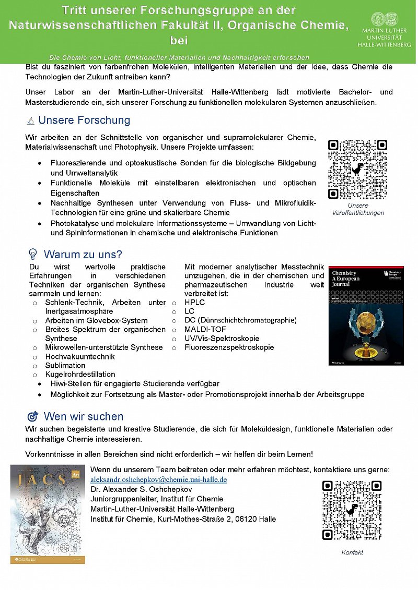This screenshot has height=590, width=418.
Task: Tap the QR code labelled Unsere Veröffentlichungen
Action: (357, 169)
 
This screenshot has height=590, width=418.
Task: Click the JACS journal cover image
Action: (48, 514)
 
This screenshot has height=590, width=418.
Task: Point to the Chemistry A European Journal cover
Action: (366, 315)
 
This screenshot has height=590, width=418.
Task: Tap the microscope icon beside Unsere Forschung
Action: (31, 121)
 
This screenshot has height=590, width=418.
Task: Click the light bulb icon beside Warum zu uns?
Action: (32, 255)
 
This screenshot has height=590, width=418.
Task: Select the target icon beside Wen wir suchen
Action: (32, 417)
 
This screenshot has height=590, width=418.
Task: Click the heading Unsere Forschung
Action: (84, 121)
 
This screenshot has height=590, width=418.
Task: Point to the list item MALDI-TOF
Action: (203, 329)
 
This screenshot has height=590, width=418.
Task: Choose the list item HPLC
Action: (194, 303)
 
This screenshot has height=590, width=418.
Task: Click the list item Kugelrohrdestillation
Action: (80, 374)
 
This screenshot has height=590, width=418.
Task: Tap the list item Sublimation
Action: (65, 365)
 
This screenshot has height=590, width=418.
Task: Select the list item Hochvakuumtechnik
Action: (80, 356)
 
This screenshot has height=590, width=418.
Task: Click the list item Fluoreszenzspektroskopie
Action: (229, 347)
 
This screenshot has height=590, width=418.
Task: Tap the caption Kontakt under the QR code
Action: (352, 552)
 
